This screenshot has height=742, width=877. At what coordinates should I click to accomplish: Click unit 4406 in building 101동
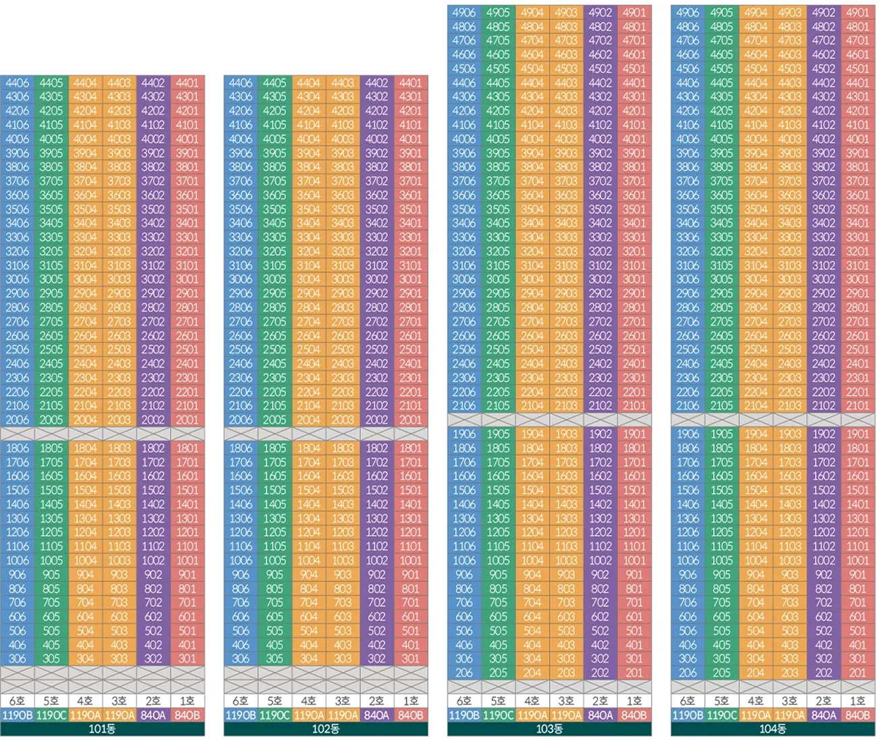coord(17,83)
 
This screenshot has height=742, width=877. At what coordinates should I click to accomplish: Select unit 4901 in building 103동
coord(634,13)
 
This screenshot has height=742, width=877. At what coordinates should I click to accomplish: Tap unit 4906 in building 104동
coord(687,13)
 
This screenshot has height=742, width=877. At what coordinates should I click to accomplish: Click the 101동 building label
coord(103,729)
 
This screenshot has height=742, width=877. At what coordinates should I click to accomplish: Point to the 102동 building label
coord(326,729)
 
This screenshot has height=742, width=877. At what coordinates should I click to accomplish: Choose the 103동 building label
coord(549,729)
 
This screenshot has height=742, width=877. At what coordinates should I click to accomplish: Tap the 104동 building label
coord(772,729)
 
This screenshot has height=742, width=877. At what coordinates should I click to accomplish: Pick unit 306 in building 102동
coord(240,659)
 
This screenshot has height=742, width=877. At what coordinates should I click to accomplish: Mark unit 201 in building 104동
coord(857,673)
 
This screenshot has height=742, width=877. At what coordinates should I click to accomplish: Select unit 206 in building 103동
coord(463,673)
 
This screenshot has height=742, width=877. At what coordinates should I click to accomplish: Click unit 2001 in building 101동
coord(188,420)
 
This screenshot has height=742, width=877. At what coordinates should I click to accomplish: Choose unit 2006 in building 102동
coord(240,420)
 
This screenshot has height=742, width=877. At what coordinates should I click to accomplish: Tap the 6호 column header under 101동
coord(17,701)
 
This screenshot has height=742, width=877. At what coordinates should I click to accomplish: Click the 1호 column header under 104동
coord(857,701)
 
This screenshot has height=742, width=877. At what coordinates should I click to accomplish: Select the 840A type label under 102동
coord(376,715)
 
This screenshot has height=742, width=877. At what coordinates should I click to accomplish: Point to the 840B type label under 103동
coord(634,715)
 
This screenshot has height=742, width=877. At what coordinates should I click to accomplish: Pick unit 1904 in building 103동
coord(532,434)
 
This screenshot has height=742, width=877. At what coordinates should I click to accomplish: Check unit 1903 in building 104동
coord(790,434)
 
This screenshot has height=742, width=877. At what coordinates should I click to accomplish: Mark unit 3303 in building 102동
coord(343,237)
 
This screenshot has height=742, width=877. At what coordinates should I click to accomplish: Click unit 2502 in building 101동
coord(153,349)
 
